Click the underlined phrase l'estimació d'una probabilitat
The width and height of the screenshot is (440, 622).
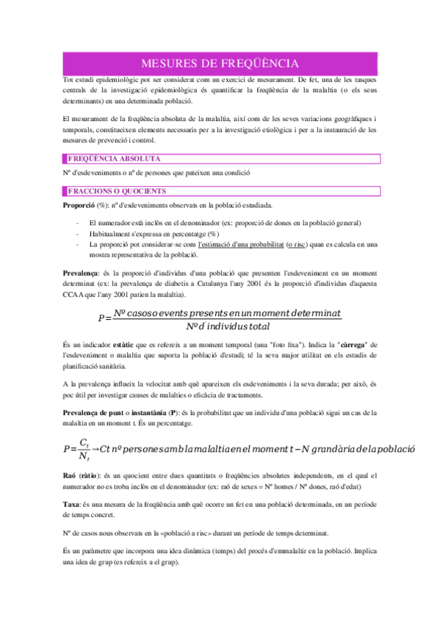pyautogui.click(x=240, y=244)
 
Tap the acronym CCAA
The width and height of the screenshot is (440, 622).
pyautogui.click(x=75, y=294)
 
